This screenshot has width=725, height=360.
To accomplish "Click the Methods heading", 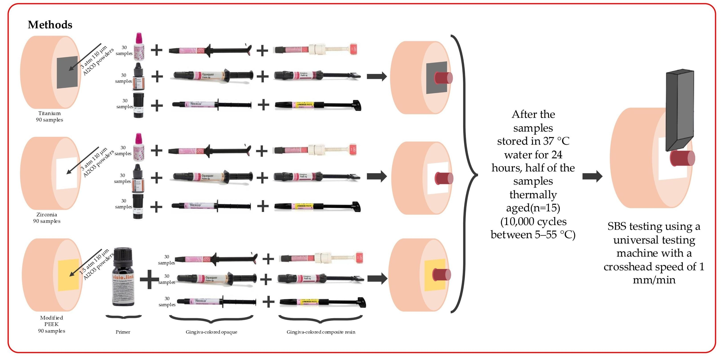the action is click(50, 25).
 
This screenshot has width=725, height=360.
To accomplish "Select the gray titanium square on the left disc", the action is click(67, 72).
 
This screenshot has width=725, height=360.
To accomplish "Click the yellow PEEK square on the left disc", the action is click(68, 275).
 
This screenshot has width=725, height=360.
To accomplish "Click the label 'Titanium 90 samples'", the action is click(50, 116).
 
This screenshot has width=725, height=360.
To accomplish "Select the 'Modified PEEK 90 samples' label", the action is click(51, 324).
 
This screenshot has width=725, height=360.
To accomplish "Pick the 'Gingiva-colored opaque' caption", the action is click(211, 332).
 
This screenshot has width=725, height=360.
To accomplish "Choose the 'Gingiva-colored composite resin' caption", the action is click(321, 332).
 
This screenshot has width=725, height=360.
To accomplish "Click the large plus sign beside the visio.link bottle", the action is click(149, 279).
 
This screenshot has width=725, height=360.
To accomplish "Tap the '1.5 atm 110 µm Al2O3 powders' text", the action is click(96, 264).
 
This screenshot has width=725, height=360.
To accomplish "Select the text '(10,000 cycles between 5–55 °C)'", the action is click(533, 228).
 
